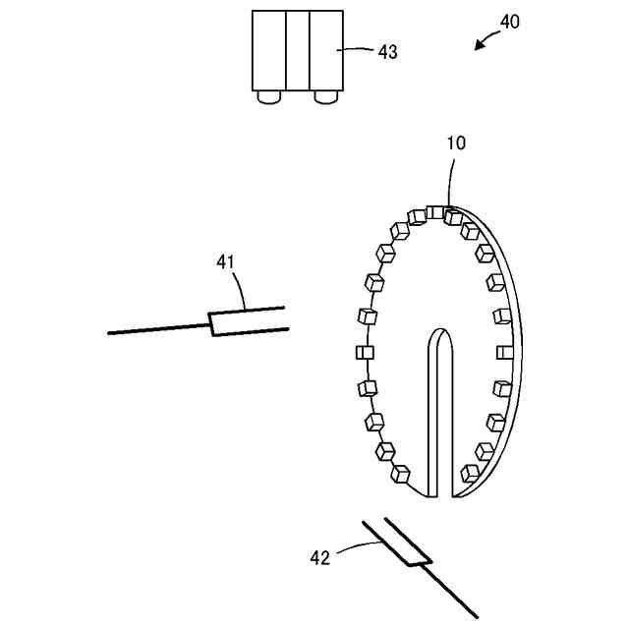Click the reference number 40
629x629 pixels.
click(x=508, y=21)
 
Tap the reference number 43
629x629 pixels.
click(x=388, y=52)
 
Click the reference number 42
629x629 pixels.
click(x=320, y=557)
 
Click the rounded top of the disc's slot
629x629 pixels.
click(x=438, y=339)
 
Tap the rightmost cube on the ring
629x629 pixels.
click(x=505, y=352)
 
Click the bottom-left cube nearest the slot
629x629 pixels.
click(x=400, y=475)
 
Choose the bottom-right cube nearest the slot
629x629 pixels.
click(x=471, y=473)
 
